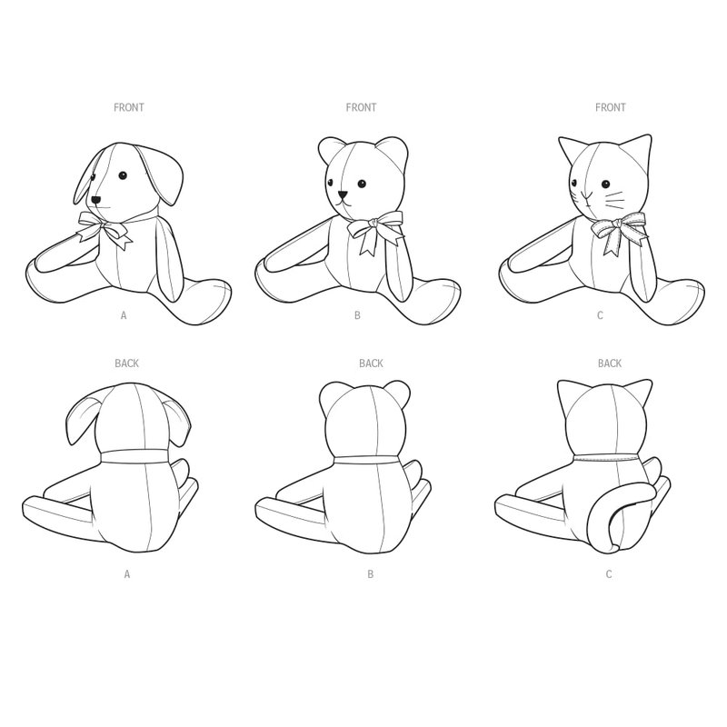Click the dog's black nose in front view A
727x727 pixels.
coord(96,200)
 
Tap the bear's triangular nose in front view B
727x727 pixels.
coord(344,194)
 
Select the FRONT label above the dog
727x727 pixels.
coord(129,107)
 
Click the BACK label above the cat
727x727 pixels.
coord(609,363)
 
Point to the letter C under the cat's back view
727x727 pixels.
coord(609,574)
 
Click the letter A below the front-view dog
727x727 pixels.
coord(124,315)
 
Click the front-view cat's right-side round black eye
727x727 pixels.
coord(605,184)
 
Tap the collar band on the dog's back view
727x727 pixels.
coord(134,456)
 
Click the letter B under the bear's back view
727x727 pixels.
coord(370,574)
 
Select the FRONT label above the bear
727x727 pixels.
coord(361,107)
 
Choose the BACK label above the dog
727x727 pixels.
coord(126,363)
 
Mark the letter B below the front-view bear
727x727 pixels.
coord(357,315)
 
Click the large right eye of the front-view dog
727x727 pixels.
coord(123,175)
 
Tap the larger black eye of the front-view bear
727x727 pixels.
coord(362,184)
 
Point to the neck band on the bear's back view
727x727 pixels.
coord(367,460)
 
